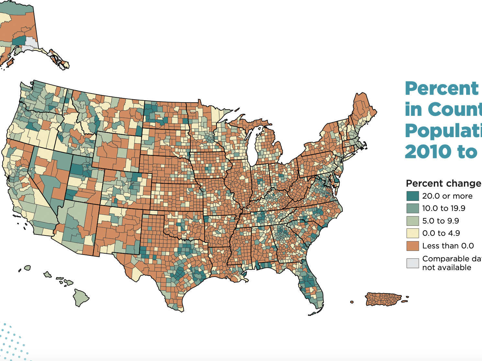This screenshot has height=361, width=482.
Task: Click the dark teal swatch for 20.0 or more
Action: [x=412, y=196]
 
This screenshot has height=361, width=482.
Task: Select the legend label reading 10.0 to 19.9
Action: [x=443, y=208]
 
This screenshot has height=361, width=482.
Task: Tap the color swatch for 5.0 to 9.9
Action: [x=412, y=221]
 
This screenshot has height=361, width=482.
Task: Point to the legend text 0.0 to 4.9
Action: [x=441, y=233]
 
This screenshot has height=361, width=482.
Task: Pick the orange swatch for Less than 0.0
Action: [x=412, y=246]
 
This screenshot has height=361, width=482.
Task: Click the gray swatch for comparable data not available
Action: [x=412, y=263]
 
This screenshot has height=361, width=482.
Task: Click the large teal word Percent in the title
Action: [x=442, y=89]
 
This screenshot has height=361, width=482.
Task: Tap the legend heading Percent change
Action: [x=443, y=183]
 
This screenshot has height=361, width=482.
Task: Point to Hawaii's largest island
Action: [x=80, y=297]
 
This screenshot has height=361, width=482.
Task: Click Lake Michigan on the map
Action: [x=254, y=146]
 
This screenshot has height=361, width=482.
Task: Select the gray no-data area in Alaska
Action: [x=31, y=42]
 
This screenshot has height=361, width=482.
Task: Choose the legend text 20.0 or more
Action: [x=447, y=196]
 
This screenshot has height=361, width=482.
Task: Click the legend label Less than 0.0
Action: [x=448, y=246]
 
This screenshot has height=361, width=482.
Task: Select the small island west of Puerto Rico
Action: [x=352, y=302]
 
